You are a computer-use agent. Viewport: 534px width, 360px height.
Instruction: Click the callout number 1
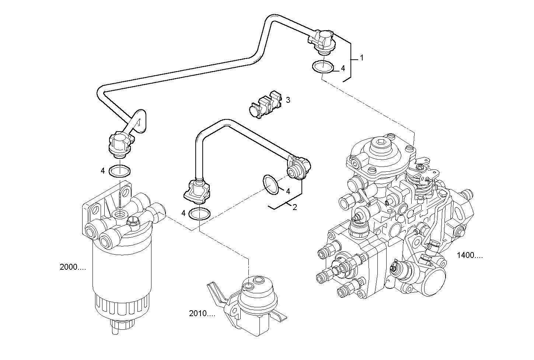coord(362,58)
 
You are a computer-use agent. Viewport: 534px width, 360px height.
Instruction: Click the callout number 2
coord(294,207)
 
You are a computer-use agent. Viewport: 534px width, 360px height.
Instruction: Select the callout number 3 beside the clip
coord(288,100)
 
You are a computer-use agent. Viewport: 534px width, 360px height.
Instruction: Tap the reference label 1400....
coord(469,255)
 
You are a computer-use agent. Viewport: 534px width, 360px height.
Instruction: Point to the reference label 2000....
coord(73,268)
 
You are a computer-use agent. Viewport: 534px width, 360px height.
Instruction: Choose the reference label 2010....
coord(202,314)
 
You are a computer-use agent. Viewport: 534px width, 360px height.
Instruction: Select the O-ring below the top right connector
coord(323,67)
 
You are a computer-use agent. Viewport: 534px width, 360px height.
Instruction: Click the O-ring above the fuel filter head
coord(120,171)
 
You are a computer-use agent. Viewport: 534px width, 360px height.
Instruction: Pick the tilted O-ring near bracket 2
coord(271,185)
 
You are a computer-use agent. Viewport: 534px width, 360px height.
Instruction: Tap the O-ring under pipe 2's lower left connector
coord(199,214)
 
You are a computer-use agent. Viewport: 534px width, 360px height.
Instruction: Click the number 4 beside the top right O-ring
coord(342,68)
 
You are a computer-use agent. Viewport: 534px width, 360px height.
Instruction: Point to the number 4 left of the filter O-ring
coord(103,171)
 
